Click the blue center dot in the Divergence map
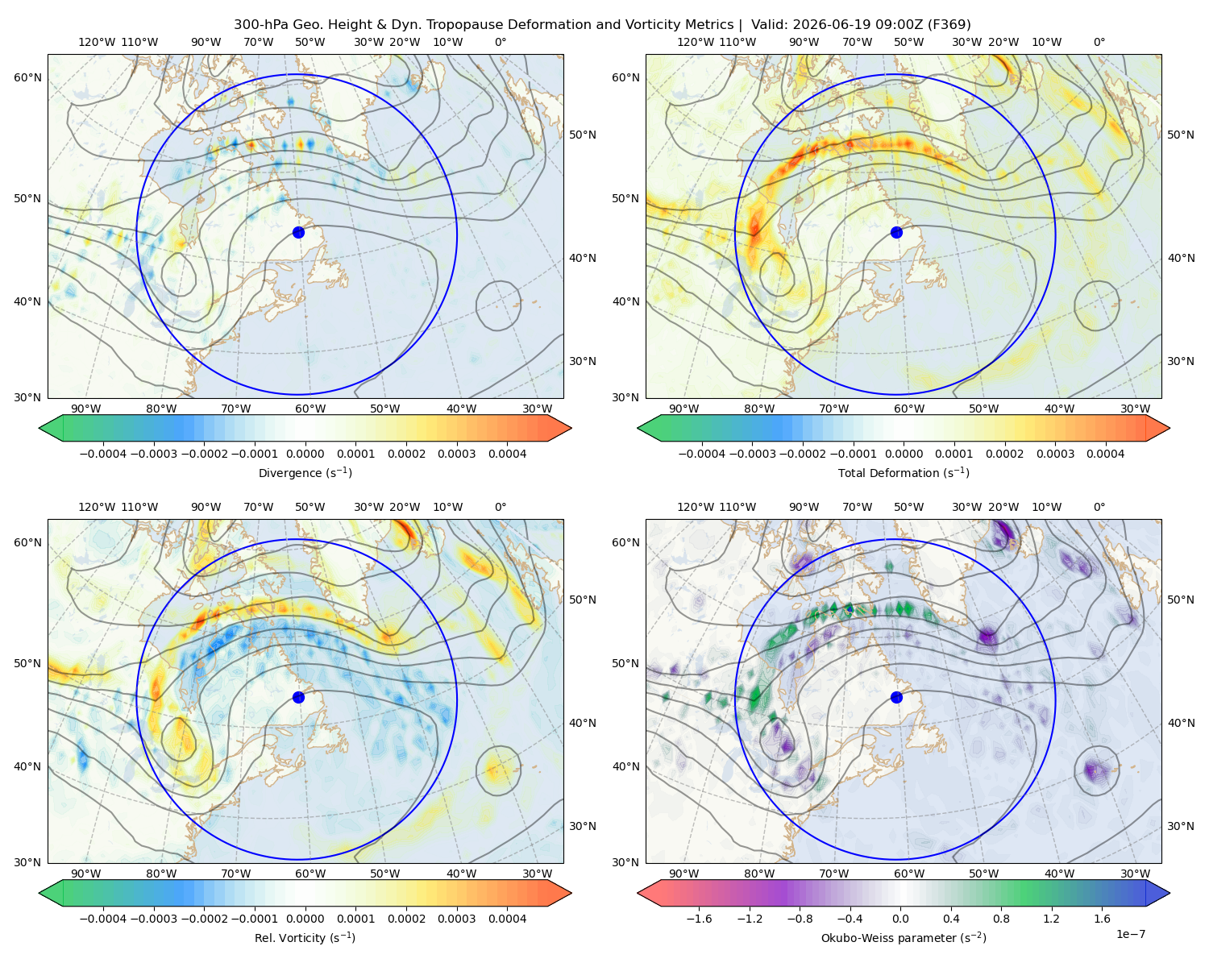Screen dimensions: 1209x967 click(298, 232)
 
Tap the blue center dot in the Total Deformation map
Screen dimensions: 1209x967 click(896, 232)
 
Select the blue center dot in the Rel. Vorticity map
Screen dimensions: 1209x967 click(298, 697)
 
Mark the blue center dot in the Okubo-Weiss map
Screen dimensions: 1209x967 click(896, 697)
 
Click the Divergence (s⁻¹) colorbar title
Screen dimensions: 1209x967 click(305, 472)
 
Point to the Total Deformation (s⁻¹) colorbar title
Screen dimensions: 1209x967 click(904, 472)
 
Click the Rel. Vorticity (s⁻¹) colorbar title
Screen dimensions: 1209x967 click(305, 937)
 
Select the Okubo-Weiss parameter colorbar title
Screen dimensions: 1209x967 click(904, 937)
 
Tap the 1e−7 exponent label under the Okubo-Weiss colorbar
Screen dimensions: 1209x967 click(1130, 934)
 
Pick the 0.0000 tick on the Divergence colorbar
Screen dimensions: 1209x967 click(305, 454)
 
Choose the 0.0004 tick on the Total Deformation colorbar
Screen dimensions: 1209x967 click(1105, 454)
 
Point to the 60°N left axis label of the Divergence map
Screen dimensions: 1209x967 click(27, 77)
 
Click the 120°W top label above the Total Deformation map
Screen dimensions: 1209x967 click(696, 42)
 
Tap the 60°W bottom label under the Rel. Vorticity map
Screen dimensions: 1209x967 click(310, 874)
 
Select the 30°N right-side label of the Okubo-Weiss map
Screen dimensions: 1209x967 click(1180, 825)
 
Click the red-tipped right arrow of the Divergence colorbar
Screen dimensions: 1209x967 click(559, 428)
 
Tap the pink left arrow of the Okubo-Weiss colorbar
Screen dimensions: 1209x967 click(649, 893)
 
